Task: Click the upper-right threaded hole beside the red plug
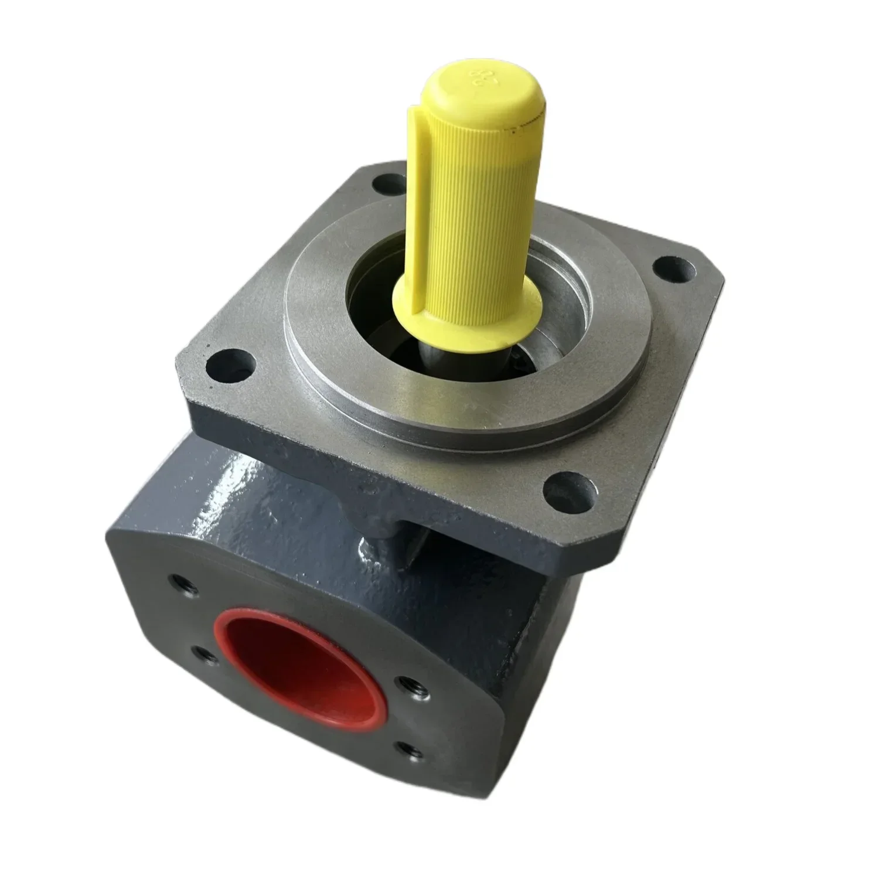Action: tap(404, 683)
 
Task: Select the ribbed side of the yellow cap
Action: tap(463, 193)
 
